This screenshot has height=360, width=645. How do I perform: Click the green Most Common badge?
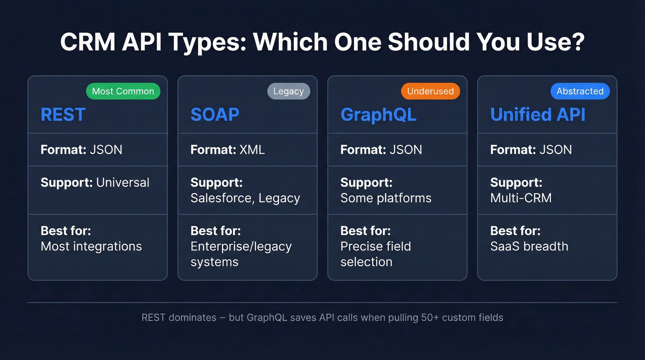point(123,91)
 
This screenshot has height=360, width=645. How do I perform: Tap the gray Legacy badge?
point(288,91)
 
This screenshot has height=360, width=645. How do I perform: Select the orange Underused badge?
point(430,91)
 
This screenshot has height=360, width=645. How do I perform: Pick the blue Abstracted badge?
point(580,91)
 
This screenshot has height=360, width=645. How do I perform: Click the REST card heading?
point(63,115)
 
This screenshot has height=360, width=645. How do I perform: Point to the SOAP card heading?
point(215,115)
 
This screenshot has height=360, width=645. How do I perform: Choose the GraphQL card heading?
point(378,115)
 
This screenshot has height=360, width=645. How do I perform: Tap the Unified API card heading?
point(538,115)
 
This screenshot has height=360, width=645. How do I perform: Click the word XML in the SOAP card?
point(252,150)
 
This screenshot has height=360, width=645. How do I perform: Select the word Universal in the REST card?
point(123,183)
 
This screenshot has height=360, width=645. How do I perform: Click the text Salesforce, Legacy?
point(245,198)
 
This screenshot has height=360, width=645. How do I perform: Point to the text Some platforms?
point(386,198)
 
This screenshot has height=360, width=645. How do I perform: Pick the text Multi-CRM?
point(521,198)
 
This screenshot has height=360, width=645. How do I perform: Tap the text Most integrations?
point(91,247)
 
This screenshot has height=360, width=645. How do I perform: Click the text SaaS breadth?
point(529,247)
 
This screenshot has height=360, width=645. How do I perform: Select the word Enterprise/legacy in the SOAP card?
point(241,247)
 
